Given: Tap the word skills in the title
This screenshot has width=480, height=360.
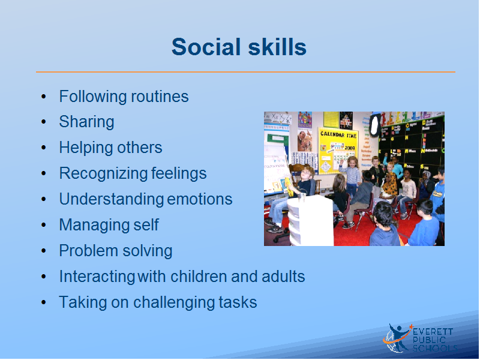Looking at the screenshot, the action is [277, 47].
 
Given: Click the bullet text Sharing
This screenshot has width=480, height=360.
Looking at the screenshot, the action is [86, 122].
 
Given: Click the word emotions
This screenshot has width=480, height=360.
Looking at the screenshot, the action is [200, 199].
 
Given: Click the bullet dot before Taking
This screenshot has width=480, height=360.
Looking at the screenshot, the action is [43, 302].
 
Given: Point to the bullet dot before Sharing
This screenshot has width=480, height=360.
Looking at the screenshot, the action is [43, 122].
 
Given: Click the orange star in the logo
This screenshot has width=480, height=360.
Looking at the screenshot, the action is [411, 326].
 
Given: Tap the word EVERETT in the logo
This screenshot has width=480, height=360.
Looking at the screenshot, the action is [433, 332].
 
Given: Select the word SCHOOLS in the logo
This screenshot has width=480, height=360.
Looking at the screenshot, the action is [435, 348].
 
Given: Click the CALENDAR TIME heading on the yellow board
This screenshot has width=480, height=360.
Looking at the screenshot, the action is [338, 134].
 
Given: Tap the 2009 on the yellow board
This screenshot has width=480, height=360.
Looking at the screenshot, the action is [350, 148].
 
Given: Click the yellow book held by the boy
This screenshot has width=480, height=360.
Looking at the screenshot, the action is [289, 186].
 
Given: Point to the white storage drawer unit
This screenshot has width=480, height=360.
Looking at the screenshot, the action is [310, 221].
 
